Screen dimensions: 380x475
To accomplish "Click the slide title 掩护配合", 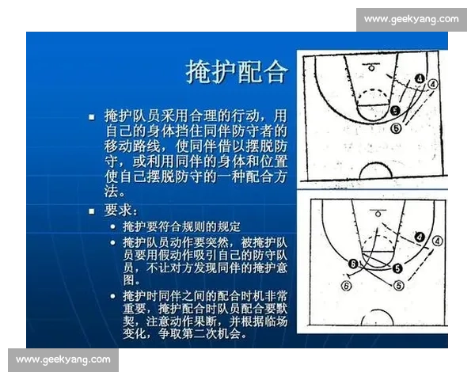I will pyautogui.click(x=236, y=72).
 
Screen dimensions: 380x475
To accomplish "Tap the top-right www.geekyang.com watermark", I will pyautogui.click(x=411, y=18).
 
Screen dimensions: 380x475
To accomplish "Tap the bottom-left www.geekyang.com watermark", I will pyautogui.click(x=63, y=359).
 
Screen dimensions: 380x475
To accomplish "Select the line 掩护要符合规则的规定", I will pyautogui.click(x=180, y=226).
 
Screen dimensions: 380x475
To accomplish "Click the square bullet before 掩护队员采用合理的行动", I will pyautogui.click(x=92, y=115).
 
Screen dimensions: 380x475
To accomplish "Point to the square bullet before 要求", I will pyautogui.click(x=92, y=211).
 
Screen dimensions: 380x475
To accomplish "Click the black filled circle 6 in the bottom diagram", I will pyautogui.click(x=354, y=264).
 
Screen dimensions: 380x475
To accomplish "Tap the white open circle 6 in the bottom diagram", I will pyautogui.click(x=345, y=285).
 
